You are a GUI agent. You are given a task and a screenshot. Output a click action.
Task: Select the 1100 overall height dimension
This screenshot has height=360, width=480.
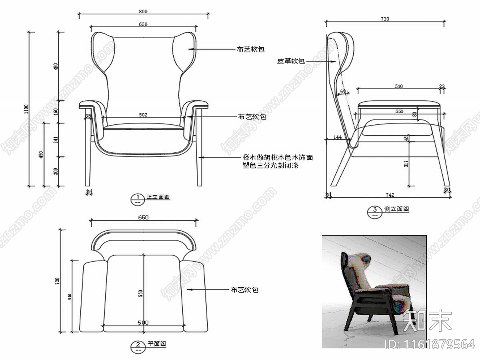click(x=26, y=109)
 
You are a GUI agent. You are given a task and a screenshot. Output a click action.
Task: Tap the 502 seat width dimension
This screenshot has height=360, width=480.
click(x=143, y=115)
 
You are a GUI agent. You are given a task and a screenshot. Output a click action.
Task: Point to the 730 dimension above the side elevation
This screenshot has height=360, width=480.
click(x=385, y=19)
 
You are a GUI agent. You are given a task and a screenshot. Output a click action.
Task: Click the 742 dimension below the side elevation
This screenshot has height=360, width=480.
click(x=390, y=195)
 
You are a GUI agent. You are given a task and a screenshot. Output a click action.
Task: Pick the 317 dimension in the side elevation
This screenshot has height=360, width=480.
click(x=406, y=163)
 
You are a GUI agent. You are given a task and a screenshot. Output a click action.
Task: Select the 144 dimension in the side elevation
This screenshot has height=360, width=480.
click(x=337, y=137)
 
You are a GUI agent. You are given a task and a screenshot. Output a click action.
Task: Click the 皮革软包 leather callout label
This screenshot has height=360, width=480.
click(x=291, y=61)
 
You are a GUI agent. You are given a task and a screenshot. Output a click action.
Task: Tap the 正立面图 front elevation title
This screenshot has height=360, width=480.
click(x=158, y=197)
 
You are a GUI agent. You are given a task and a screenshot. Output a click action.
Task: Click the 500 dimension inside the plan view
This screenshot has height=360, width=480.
click(x=143, y=323)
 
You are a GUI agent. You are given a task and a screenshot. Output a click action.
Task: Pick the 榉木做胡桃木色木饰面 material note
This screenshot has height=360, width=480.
click(x=278, y=158)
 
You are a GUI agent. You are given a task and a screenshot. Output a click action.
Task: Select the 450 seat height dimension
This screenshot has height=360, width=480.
click(x=40, y=154)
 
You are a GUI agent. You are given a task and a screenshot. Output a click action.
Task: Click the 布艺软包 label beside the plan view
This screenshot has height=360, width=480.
click(x=244, y=290)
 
